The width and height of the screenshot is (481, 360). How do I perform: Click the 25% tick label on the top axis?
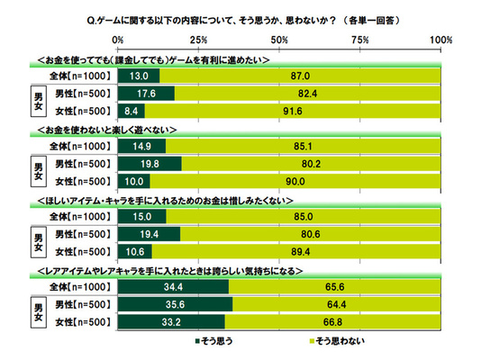tap(198, 40)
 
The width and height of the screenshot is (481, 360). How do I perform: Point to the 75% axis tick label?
tap(360, 40)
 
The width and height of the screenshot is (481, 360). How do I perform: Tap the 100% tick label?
tap(440, 40)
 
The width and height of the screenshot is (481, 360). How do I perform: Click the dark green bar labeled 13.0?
tap(139, 76)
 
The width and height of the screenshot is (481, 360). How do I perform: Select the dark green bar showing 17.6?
tap(146, 94)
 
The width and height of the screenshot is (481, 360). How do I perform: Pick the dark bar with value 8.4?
tap(132, 111)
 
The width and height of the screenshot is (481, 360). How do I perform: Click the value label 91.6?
tap(293, 111)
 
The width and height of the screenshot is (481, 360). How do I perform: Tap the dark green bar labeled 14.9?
tap(141, 146)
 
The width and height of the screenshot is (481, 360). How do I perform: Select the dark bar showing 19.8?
tap(150, 164)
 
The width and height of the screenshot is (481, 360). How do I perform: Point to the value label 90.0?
tap(295, 182)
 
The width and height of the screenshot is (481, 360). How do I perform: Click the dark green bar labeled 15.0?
tap(142, 217)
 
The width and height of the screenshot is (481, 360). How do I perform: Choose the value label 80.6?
tap(311, 234)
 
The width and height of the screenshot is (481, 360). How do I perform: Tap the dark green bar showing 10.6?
tap(135, 252)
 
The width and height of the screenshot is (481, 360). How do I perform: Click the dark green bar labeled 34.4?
tap(173, 287)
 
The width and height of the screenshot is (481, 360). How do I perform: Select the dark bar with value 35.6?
tap(175, 304)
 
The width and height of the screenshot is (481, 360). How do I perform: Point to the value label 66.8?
tap(332, 322)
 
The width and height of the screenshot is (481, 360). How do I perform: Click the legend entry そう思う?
tap(213, 341)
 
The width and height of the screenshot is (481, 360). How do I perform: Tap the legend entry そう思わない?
tap(337, 341)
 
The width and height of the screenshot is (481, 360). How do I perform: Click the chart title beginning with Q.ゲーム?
tap(243, 21)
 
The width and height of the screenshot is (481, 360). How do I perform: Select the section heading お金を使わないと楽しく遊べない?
tap(107, 130)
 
